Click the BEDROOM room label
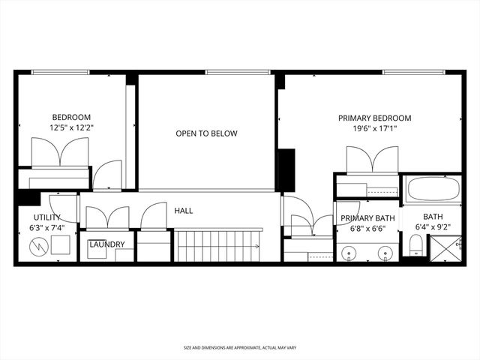click(71, 117)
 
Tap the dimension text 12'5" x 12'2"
click(71, 128)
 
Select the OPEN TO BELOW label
click(206, 133)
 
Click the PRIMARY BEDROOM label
click(374, 118)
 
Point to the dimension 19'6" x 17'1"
click(374, 128)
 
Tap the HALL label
click(184, 211)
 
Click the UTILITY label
click(46, 217)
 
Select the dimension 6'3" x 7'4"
click(46, 228)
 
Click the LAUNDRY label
click(106, 244)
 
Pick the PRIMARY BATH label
click(367, 218)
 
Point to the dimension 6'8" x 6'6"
click(367, 229)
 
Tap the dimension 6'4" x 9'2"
click(433, 228)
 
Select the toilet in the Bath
click(415, 245)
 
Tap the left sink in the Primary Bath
click(350, 252)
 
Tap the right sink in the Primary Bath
click(385, 252)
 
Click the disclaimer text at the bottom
click(239, 348)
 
